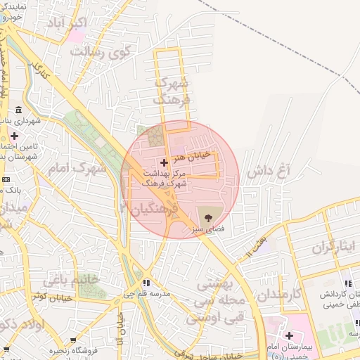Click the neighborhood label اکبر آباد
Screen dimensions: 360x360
[x=67, y=25]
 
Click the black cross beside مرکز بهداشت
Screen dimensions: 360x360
[x=165, y=162]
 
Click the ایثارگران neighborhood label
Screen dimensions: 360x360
[x=335, y=247]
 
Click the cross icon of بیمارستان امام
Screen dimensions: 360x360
[x=289, y=336]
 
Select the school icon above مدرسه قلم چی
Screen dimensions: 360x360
[x=146, y=283]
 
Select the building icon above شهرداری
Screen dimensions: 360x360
[x=17, y=110]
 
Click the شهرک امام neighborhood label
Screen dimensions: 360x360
[x=79, y=169]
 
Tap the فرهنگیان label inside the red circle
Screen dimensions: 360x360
[x=150, y=209]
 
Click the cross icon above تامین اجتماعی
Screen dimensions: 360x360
[x=14, y=135]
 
